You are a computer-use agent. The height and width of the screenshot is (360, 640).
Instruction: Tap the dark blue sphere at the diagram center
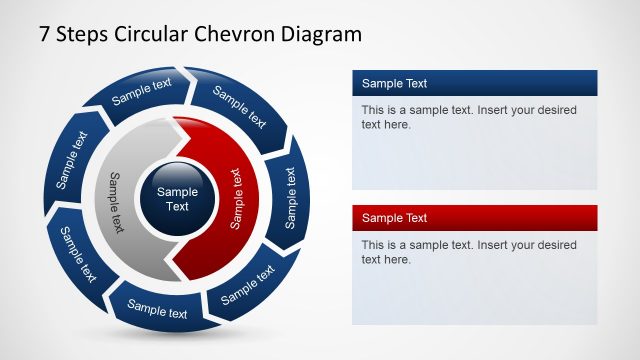[178, 199]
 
